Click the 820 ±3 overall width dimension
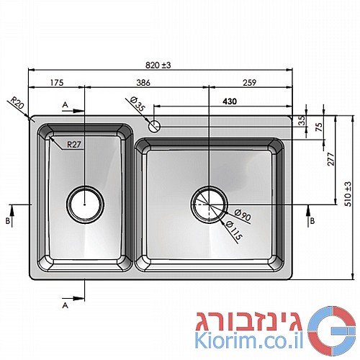click(x=158, y=65)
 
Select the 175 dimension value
click(x=57, y=83)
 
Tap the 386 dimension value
click(x=143, y=83)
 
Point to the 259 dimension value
click(x=250, y=83)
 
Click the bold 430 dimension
click(x=230, y=102)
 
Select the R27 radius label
click(x=74, y=145)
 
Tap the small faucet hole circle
click(x=155, y=126)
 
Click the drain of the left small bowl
click(x=85, y=204)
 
